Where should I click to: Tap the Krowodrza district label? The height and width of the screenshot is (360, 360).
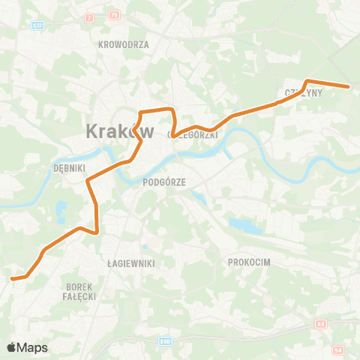point(124,44)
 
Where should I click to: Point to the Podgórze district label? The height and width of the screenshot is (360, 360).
point(163,181)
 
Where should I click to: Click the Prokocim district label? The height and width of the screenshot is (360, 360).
point(247,262)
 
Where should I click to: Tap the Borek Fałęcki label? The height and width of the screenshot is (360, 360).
point(79,291)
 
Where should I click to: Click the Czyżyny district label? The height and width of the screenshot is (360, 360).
point(303,94)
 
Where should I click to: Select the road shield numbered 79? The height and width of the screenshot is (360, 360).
point(115,15)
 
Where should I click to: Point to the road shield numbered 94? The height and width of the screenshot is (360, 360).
point(338,349)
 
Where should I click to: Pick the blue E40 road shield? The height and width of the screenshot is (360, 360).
point(165,341)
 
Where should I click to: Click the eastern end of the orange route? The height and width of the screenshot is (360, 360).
point(349,87)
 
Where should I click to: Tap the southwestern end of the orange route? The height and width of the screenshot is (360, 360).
point(12,279)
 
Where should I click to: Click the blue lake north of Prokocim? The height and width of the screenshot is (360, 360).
point(242,224)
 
